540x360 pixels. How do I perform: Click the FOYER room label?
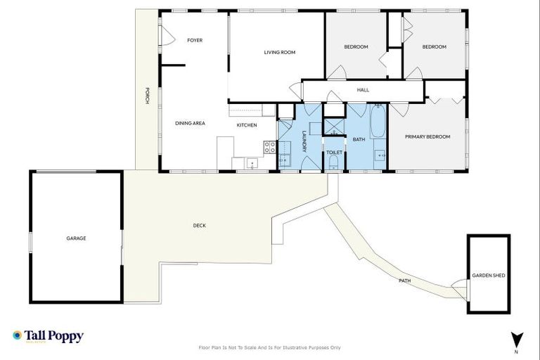[x=195, y=40]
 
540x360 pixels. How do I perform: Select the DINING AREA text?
[x=190, y=123]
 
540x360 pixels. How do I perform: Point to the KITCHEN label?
[x=247, y=125]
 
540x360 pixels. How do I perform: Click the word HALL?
[x=363, y=90]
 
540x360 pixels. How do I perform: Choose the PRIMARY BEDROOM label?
[x=427, y=136]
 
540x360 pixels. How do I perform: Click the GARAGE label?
[x=76, y=238]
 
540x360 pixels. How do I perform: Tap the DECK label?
[x=200, y=226]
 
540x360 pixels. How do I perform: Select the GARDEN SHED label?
[x=487, y=275]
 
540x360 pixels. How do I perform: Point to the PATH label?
[x=404, y=281]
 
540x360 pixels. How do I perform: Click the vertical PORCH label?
[x=147, y=96]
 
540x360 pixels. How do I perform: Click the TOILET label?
[x=334, y=151]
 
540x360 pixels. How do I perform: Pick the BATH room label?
[x=359, y=139]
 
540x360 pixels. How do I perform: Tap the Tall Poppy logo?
[x=48, y=336]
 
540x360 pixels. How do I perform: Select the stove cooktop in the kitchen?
[x=269, y=148]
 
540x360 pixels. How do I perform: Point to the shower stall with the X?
[x=333, y=127]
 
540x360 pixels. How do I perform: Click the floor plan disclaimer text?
[x=270, y=347]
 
